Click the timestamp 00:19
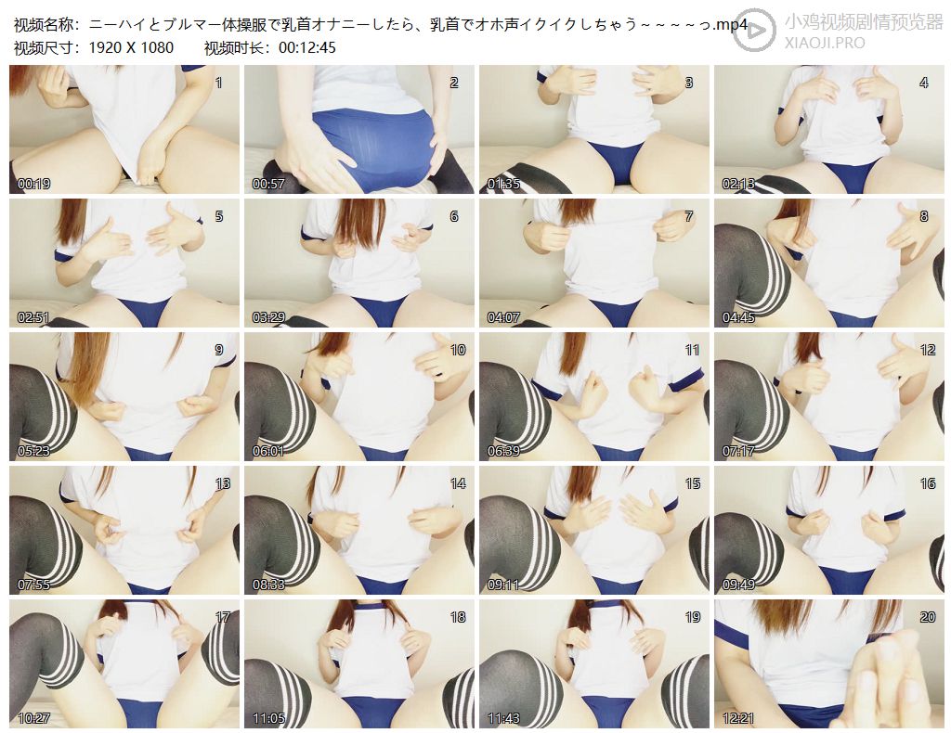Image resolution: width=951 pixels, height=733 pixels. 34,184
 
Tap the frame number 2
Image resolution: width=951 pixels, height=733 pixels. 453,83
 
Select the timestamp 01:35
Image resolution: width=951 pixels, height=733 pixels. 504,184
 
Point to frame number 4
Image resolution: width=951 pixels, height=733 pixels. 924,83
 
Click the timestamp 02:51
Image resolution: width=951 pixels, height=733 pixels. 34,317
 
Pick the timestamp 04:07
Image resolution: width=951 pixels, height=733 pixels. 504,317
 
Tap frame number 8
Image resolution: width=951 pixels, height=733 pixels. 924,216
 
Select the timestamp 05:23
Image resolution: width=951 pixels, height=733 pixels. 34,451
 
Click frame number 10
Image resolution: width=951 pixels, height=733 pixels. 458,350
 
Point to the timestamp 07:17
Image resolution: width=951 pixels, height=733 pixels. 738,451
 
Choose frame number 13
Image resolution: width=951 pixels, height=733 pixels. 223,483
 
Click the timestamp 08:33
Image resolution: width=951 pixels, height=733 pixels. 268,585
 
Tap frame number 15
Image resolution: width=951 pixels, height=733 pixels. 693,483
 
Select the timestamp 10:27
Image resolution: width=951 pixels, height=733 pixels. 34,718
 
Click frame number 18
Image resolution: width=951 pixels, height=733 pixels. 458,617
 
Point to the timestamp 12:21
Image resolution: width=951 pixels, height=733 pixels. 738,718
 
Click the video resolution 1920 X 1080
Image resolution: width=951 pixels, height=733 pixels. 131,47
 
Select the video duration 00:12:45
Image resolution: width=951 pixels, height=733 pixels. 306,47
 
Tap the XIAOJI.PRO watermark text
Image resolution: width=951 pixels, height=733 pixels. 825,43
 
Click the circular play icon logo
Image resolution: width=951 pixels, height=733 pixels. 754,29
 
